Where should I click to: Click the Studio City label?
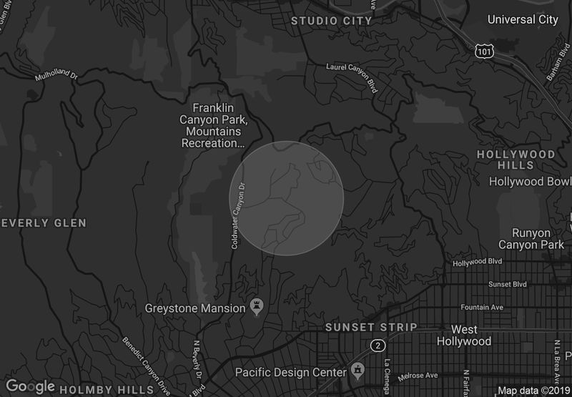pos(331,21)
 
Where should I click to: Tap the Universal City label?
pos(522,19)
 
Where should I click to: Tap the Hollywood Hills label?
pos(516,160)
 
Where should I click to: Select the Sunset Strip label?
pos(370,327)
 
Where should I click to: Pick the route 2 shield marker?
pos(377,345)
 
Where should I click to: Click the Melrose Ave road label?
pos(422,375)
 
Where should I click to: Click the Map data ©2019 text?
pos(533,391)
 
